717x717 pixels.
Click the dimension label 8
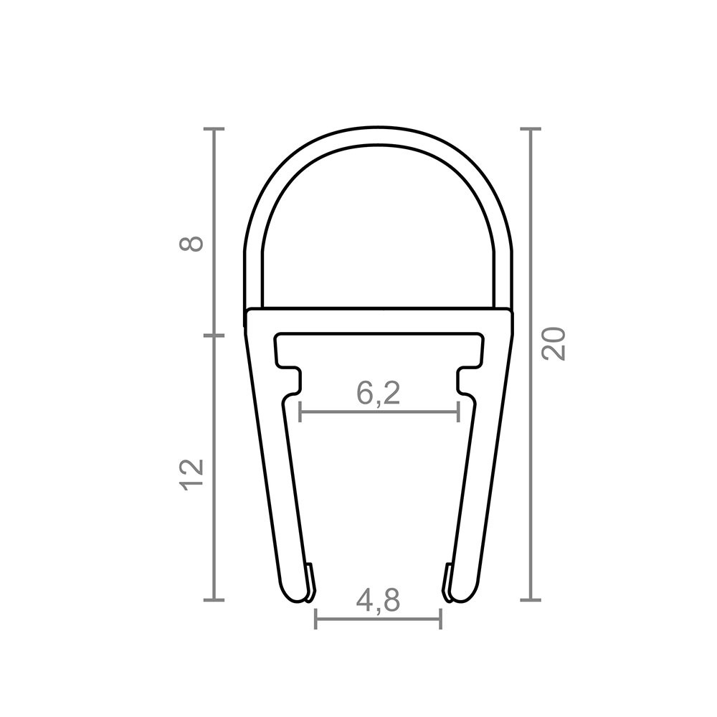191,243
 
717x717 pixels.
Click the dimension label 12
191,475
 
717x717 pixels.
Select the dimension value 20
554,343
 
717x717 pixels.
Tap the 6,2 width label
378,393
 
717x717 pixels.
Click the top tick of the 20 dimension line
531,129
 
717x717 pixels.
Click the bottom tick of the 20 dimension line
531,599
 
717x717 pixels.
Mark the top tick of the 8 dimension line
214,129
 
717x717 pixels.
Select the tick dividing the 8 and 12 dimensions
214,336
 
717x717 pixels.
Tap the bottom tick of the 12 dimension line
214,599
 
